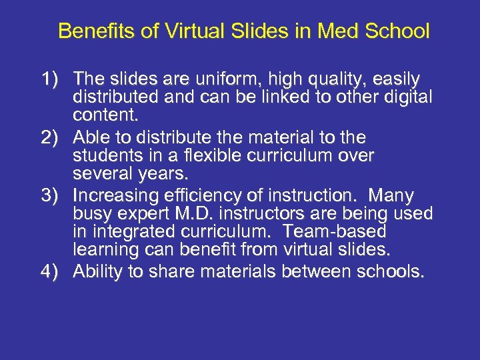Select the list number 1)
pos(52,80)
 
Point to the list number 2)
pos(52,138)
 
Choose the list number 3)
pos(52,196)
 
